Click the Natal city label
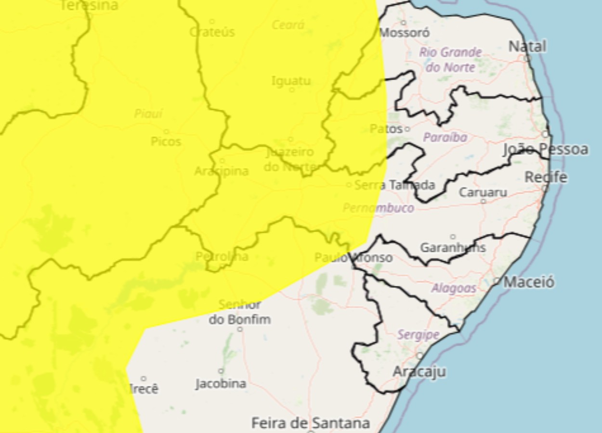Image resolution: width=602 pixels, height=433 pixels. (x=527, y=47)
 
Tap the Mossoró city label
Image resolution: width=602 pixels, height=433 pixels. (x=404, y=33)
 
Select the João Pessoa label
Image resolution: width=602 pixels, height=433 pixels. (x=546, y=150)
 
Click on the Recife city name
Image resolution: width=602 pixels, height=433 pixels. (x=546, y=177)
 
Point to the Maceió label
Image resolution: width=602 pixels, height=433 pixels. (x=529, y=282)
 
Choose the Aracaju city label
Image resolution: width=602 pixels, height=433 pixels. (x=419, y=371)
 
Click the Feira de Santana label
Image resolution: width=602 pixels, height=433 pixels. (x=311, y=423)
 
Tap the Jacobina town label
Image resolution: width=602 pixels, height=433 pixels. (x=221, y=384)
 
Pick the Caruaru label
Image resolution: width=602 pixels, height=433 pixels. (x=483, y=192)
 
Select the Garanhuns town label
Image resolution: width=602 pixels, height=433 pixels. (x=453, y=248)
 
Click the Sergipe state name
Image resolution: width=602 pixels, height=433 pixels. (x=418, y=335)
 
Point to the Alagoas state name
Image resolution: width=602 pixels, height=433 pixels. (x=454, y=288)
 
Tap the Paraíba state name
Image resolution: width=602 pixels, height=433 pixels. (x=445, y=138)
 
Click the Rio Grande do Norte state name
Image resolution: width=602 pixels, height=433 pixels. (x=450, y=59)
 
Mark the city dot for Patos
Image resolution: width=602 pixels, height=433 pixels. (x=407, y=129)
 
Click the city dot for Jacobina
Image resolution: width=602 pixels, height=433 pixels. (x=221, y=371)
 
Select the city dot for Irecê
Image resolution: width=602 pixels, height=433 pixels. (x=143, y=379)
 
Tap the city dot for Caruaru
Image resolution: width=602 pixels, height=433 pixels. (x=483, y=201)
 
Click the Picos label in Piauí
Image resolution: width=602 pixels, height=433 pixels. (x=166, y=141)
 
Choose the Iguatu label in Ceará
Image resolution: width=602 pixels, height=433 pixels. (x=291, y=81)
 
